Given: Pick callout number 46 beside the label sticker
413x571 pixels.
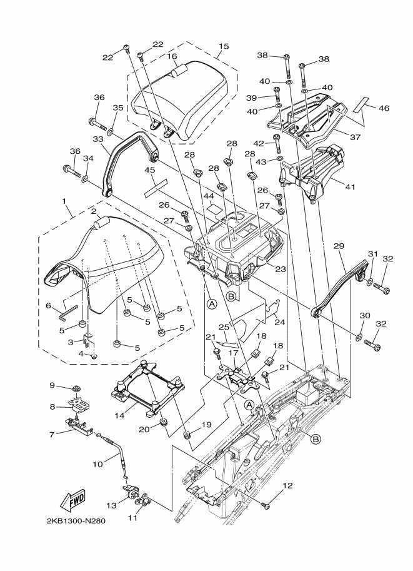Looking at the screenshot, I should tap(384, 108).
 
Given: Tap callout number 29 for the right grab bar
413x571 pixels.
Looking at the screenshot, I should tap(339, 247).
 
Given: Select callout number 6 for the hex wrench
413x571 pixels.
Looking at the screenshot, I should tap(48, 305).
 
